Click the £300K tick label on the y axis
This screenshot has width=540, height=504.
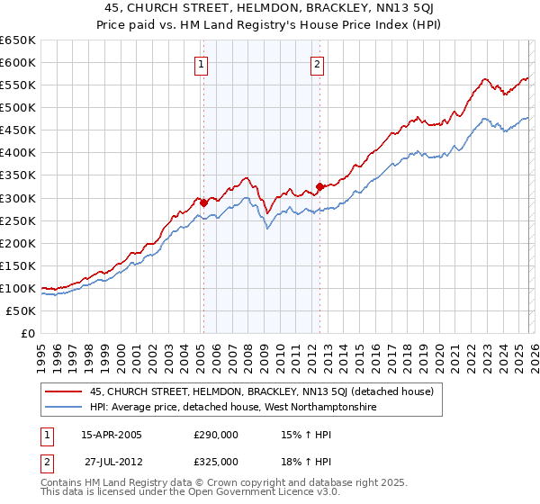[17, 198]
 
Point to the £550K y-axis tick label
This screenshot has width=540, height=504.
[17, 85]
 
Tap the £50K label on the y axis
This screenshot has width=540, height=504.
[21, 311]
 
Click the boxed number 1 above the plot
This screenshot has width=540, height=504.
[200, 64]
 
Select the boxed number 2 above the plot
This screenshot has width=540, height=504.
[318, 64]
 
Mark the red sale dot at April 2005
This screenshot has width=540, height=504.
[203, 202]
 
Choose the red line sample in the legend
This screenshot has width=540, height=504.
[63, 391]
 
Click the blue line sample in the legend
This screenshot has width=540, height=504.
[63, 407]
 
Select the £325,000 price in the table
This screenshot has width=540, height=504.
[216, 461]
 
